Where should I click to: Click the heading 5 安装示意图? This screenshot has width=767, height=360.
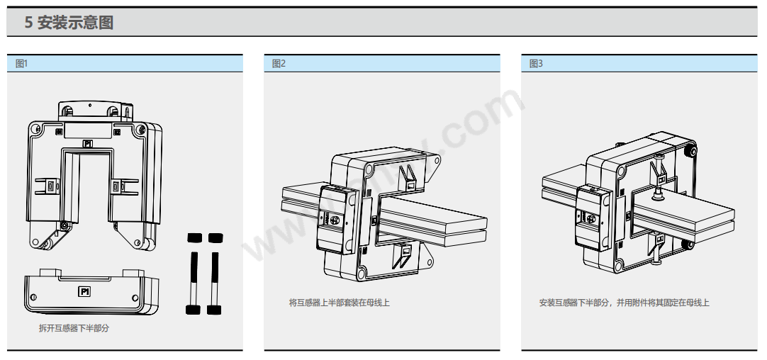coord(69,23)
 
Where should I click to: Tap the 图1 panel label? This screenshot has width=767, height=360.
coord(22,64)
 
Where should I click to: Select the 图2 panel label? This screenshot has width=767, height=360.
coord(279,64)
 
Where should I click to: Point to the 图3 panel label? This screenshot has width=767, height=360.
coord(536,64)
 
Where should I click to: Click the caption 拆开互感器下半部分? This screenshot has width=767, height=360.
coord(74,328)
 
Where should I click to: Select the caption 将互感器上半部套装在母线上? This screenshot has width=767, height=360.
coord(340,303)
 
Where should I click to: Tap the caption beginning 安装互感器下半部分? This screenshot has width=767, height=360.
coord(625,303)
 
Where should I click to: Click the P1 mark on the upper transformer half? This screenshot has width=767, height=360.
coord(88,144)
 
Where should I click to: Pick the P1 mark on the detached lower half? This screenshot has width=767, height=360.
coord(84,292)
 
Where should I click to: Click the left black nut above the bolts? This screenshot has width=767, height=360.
coord(195,237)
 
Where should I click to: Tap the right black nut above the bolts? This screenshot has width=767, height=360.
coord(215,237)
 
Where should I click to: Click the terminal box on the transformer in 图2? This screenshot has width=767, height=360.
coord(337,220)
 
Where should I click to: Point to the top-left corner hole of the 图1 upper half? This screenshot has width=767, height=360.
coord(35,129)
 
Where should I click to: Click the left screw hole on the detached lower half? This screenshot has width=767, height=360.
coord(33,298)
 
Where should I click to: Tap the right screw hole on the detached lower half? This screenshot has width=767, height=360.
coord(135,298)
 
